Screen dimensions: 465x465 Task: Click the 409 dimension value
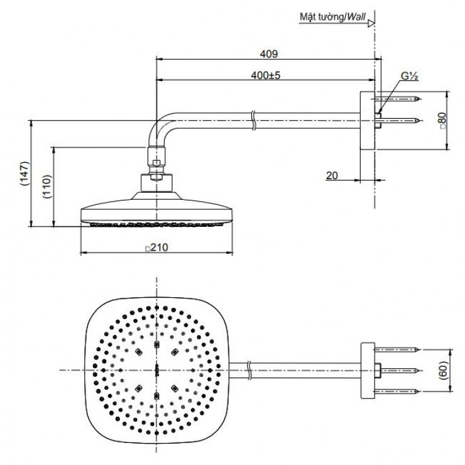click(x=269, y=54)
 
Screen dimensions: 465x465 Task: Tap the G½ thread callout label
click(x=410, y=76)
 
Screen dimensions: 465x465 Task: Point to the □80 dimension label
click(x=442, y=119)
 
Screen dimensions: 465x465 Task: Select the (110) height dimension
click(x=46, y=186)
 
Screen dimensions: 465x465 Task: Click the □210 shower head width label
click(x=156, y=248)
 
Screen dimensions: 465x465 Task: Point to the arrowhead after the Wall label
click(x=371, y=23)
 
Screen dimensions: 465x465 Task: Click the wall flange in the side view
click(x=367, y=121)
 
